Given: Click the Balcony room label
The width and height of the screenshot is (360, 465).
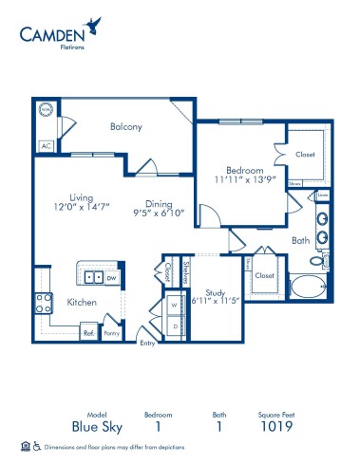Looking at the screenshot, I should [125, 126].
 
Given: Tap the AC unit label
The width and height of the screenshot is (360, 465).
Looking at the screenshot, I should [45, 146].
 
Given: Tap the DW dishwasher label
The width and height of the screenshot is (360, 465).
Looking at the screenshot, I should [112, 278].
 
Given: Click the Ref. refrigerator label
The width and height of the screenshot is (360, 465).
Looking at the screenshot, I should [88, 333].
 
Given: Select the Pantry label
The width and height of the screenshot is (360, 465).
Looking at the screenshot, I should [112, 333].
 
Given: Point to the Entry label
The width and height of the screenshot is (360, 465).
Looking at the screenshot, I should [147, 344].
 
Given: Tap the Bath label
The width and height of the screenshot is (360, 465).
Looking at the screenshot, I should [300, 241].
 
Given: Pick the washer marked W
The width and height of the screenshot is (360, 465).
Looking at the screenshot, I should [174, 306].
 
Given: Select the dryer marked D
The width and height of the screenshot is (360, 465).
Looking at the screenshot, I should [174, 325].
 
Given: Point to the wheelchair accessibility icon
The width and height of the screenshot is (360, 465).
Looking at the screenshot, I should [36, 446].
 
